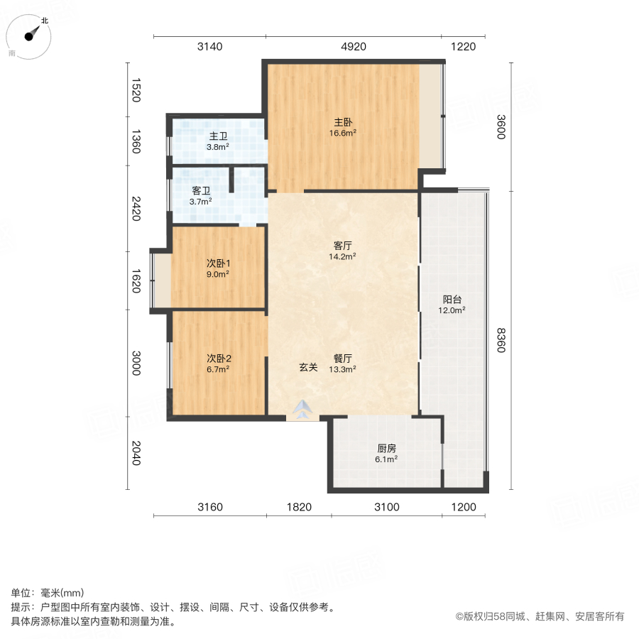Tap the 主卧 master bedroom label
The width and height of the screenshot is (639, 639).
click(342, 121)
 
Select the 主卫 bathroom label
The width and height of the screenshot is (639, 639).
click(217, 136)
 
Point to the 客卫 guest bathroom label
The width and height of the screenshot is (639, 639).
click(201, 191)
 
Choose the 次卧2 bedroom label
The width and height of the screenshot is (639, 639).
click(217, 358)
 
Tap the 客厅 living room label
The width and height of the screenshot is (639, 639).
click(342, 246)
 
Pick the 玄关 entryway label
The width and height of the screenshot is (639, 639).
click(307, 367)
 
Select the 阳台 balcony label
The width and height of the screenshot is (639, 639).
click(452, 299)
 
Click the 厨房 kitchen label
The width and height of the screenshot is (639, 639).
click(386, 448)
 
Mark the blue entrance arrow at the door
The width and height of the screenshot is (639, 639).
click(303, 410)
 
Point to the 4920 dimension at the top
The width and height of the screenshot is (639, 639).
click(353, 47)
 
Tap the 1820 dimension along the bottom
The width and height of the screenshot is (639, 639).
click(299, 507)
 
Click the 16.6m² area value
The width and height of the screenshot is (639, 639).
click(342, 132)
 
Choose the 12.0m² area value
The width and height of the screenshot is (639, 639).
click(452, 310)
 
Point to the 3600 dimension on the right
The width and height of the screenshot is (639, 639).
click(501, 126)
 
